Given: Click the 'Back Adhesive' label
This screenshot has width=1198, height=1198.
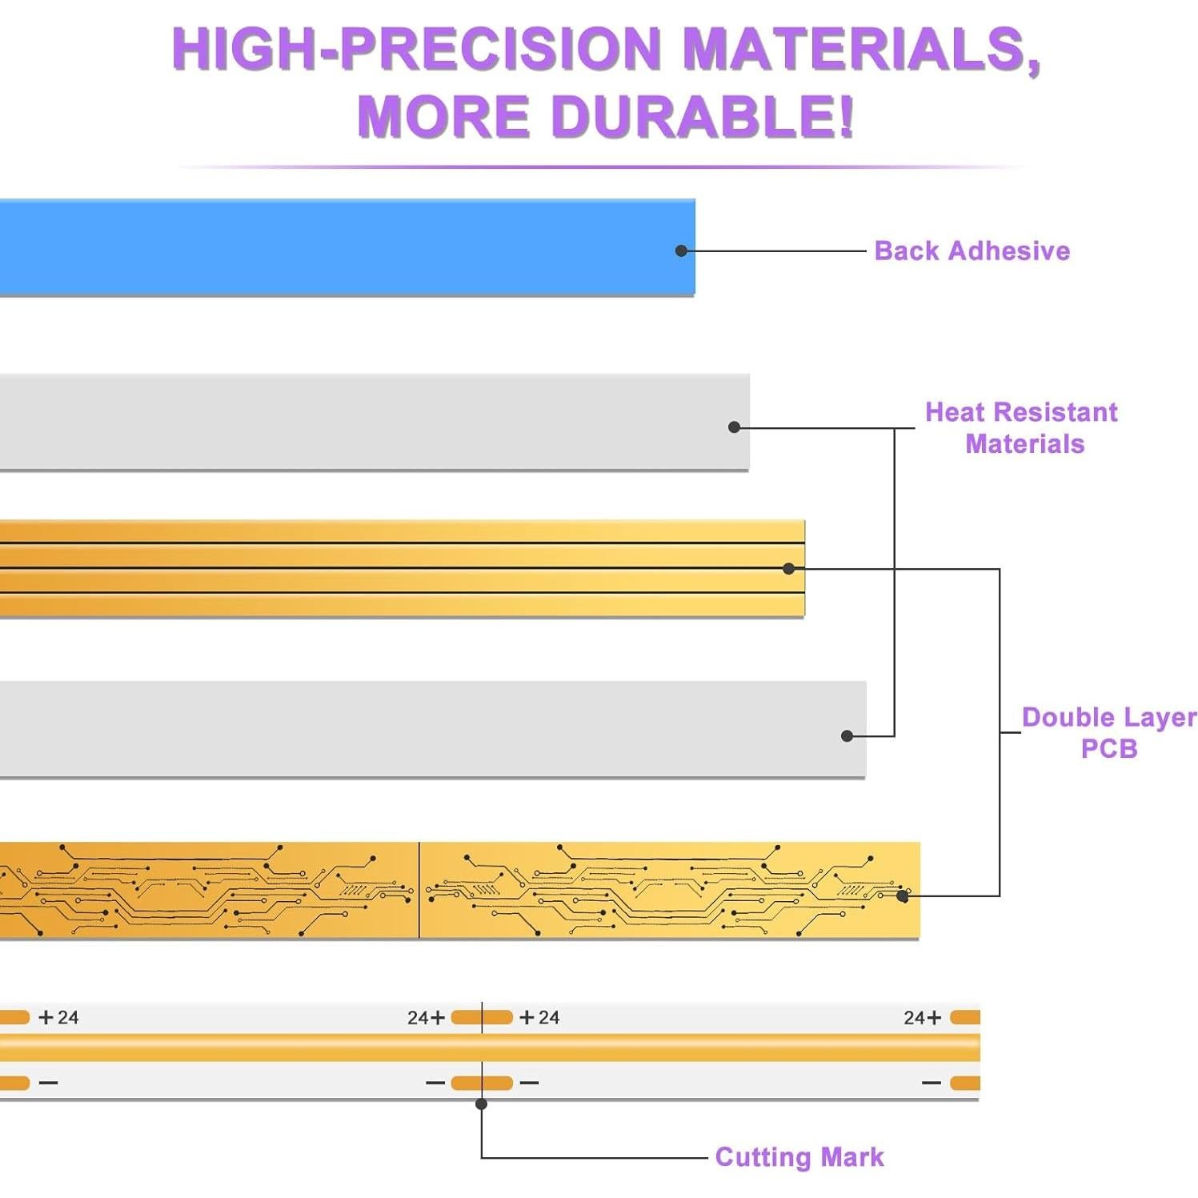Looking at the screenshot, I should tap(972, 250).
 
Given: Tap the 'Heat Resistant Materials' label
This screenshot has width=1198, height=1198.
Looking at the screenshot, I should tap(1022, 427).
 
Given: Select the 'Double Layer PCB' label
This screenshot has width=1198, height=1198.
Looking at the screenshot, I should tap(1108, 732).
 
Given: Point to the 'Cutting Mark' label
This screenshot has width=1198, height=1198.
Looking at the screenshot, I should tap(799, 1156).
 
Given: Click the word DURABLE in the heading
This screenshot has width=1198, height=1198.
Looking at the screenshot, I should tap(702, 116).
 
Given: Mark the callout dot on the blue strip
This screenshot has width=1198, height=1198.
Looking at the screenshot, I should tap(681, 250).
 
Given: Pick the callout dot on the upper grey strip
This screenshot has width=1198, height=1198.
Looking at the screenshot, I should tap(734, 427).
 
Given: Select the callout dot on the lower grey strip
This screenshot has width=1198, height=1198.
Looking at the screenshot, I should tap(847, 735).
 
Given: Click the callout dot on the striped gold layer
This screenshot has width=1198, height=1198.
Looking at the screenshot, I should tap(788, 568).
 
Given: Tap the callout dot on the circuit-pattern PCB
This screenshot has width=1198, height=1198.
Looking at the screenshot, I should tap(903, 896).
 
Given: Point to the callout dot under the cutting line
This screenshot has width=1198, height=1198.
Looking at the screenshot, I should tap(481, 1104).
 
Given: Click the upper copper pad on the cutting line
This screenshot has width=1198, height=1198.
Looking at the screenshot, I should tap(482, 1017).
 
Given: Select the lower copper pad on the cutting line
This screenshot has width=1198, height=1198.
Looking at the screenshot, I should tap(482, 1083).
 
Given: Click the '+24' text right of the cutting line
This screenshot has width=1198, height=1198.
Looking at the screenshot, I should tap(539, 1017).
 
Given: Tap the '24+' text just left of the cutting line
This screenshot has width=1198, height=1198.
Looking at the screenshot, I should tap(426, 1017).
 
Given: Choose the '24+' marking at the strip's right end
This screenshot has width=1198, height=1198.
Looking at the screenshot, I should tap(922, 1017).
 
